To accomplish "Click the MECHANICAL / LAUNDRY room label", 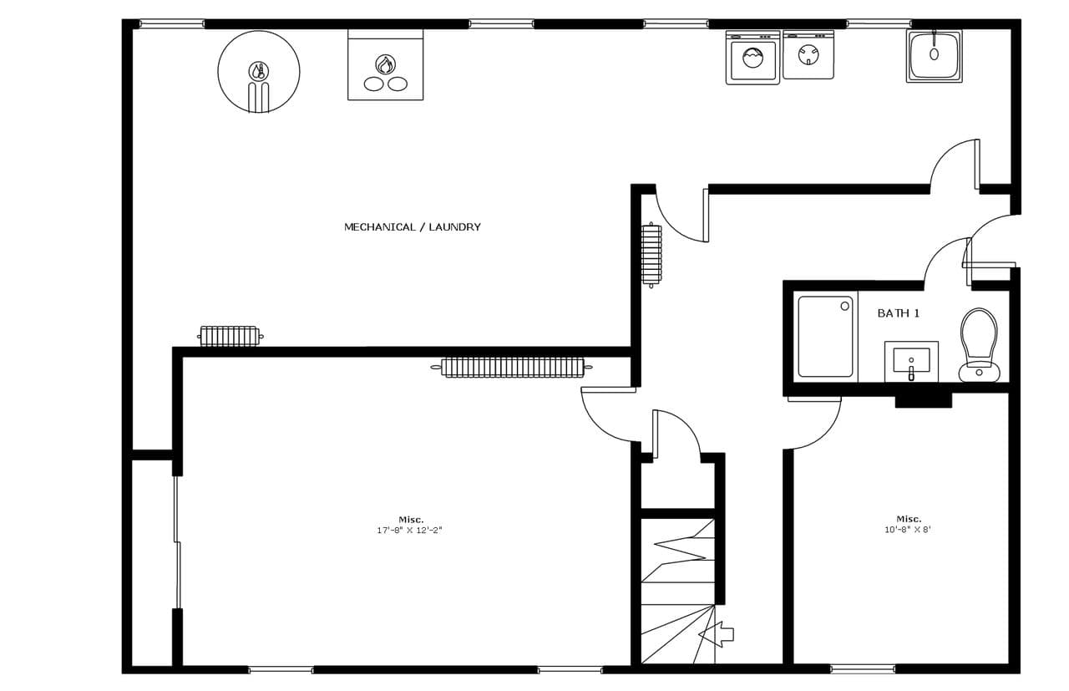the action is (413, 226).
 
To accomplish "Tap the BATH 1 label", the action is (898, 313).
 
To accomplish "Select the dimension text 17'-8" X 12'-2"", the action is (409, 530).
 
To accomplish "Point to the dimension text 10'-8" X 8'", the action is (908, 529).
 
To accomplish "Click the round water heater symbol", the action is (259, 72).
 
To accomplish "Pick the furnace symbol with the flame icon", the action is (385, 65).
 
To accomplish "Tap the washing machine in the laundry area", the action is (752, 58).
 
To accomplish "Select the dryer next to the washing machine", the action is (808, 54).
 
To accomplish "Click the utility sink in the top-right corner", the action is (934, 56).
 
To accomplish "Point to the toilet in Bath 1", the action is (979, 345).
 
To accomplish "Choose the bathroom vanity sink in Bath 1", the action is (911, 362).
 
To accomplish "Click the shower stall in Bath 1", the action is (826, 337).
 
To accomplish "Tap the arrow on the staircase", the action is (716, 635).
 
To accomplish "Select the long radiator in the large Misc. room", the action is (512, 368).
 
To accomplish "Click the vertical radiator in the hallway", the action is (651, 256).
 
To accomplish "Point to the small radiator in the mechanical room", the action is (230, 336).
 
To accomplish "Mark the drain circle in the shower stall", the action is (844, 306).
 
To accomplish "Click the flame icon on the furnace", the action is (385, 64).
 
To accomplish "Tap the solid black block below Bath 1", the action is (923, 400).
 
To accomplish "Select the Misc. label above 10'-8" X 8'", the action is (909, 519).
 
